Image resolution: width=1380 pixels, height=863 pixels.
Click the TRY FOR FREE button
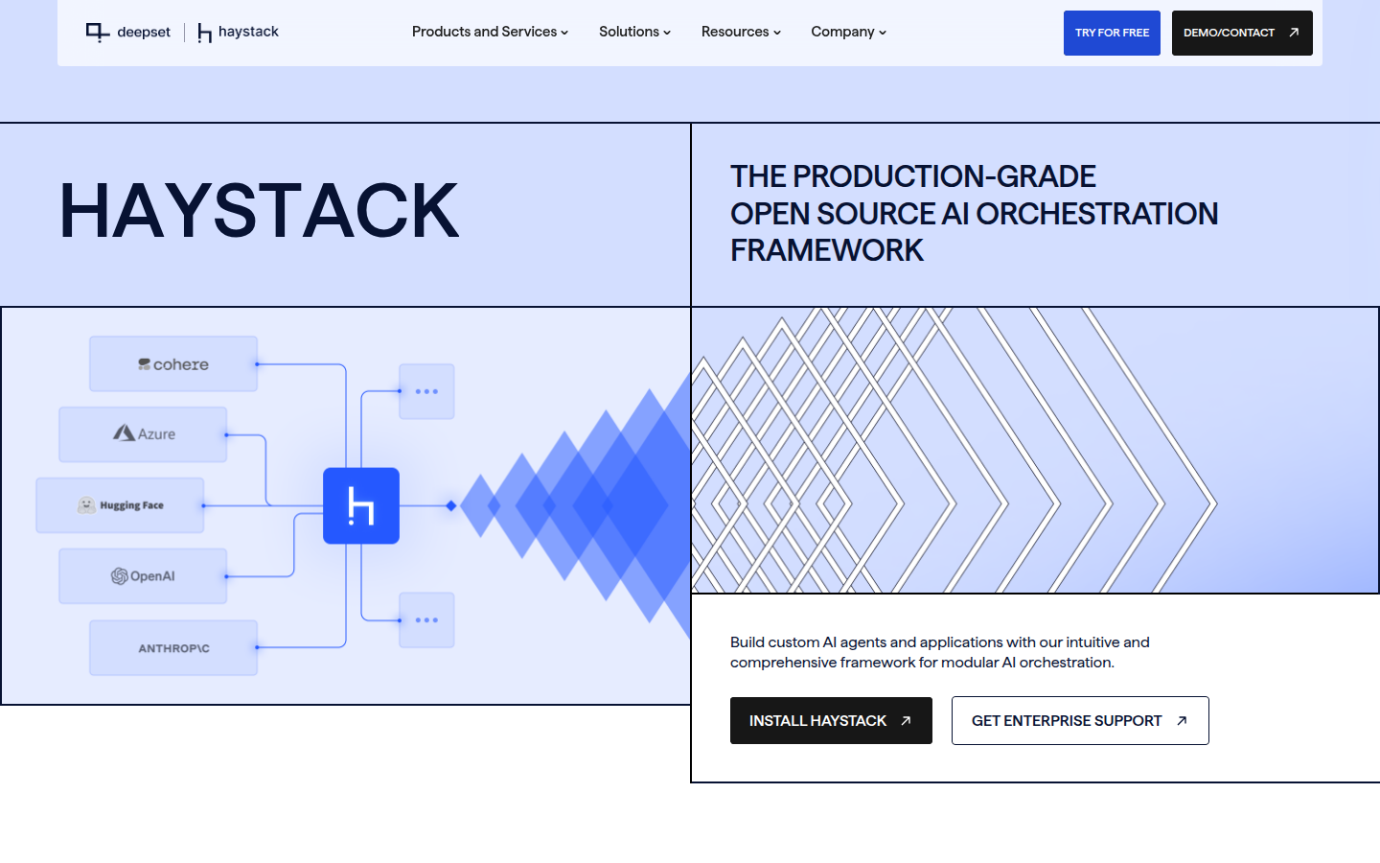pos(1112,33)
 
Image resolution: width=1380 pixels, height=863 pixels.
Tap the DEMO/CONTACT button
pos(1242,33)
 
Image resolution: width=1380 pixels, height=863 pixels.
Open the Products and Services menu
pos(490,32)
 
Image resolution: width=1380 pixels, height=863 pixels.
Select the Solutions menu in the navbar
pos(634,32)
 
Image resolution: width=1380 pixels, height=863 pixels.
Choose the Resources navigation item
pos(741,32)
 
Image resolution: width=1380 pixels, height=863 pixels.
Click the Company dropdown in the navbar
pos(848,32)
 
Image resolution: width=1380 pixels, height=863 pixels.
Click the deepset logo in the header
pos(128,32)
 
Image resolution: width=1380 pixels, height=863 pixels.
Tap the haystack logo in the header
pos(238,32)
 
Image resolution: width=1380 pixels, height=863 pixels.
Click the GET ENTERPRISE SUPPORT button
pos(1080,721)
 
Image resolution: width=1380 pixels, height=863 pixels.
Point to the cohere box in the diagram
pos(173,364)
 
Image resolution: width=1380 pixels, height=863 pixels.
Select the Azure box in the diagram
pos(143,434)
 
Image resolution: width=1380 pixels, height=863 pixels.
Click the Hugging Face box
pos(120,505)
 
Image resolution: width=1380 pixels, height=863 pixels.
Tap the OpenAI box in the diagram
pos(143,576)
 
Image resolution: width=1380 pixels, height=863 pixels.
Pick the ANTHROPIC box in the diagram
pos(173,648)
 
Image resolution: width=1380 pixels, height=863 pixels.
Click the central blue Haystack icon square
pos(361,505)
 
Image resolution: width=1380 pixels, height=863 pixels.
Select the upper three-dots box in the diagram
pos(427,391)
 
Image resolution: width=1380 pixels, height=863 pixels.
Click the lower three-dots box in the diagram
pos(427,620)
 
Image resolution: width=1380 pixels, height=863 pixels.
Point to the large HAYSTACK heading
pos(259,210)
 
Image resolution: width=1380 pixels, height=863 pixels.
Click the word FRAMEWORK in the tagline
pos(827,251)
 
